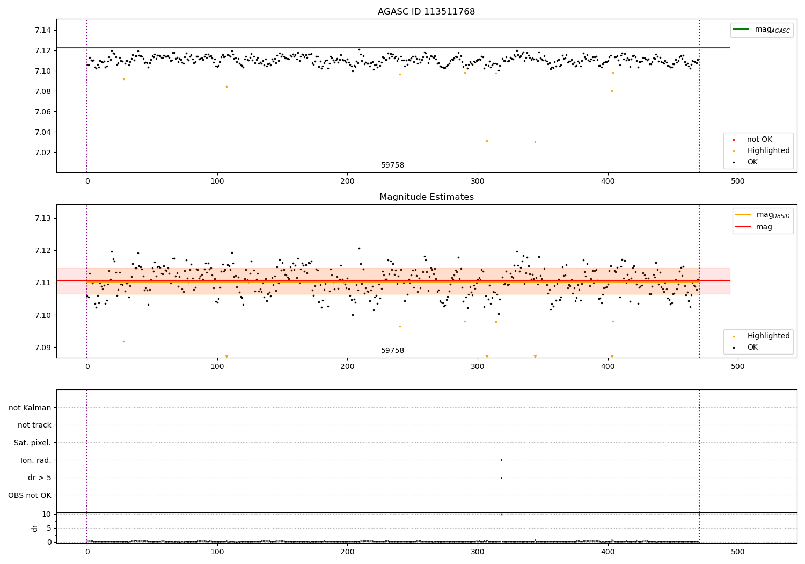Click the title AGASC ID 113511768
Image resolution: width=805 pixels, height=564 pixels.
pyautogui.click(x=426, y=12)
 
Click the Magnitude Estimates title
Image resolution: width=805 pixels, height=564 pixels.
pyautogui.click(x=426, y=197)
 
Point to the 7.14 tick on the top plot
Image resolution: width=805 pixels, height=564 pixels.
pyautogui.click(x=43, y=30)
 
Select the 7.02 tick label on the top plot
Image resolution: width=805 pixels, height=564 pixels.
pyautogui.click(x=43, y=153)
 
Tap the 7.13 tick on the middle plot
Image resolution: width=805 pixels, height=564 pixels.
pyautogui.click(x=43, y=218)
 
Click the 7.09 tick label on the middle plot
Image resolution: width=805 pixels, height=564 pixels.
pyautogui.click(x=43, y=348)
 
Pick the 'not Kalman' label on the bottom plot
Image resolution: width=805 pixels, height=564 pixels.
pyautogui.click(x=30, y=408)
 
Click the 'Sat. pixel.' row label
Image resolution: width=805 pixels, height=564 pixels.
pyautogui.click(x=32, y=443)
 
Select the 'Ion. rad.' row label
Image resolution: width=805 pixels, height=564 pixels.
pyautogui.click(x=35, y=460)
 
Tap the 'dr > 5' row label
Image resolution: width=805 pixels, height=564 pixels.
pyautogui.click(x=39, y=478)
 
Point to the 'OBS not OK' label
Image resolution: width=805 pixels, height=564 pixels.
pyautogui.click(x=30, y=495)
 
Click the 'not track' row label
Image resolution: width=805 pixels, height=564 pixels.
pyautogui.click(x=34, y=425)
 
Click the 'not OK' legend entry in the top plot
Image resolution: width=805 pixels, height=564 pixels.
pyautogui.click(x=759, y=140)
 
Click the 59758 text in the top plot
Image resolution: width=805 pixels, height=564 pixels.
pyautogui.click(x=392, y=165)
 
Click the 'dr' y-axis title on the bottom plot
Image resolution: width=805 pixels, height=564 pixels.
pyautogui.click(x=35, y=528)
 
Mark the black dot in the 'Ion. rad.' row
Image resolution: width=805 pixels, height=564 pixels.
pyautogui.click(x=501, y=460)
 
